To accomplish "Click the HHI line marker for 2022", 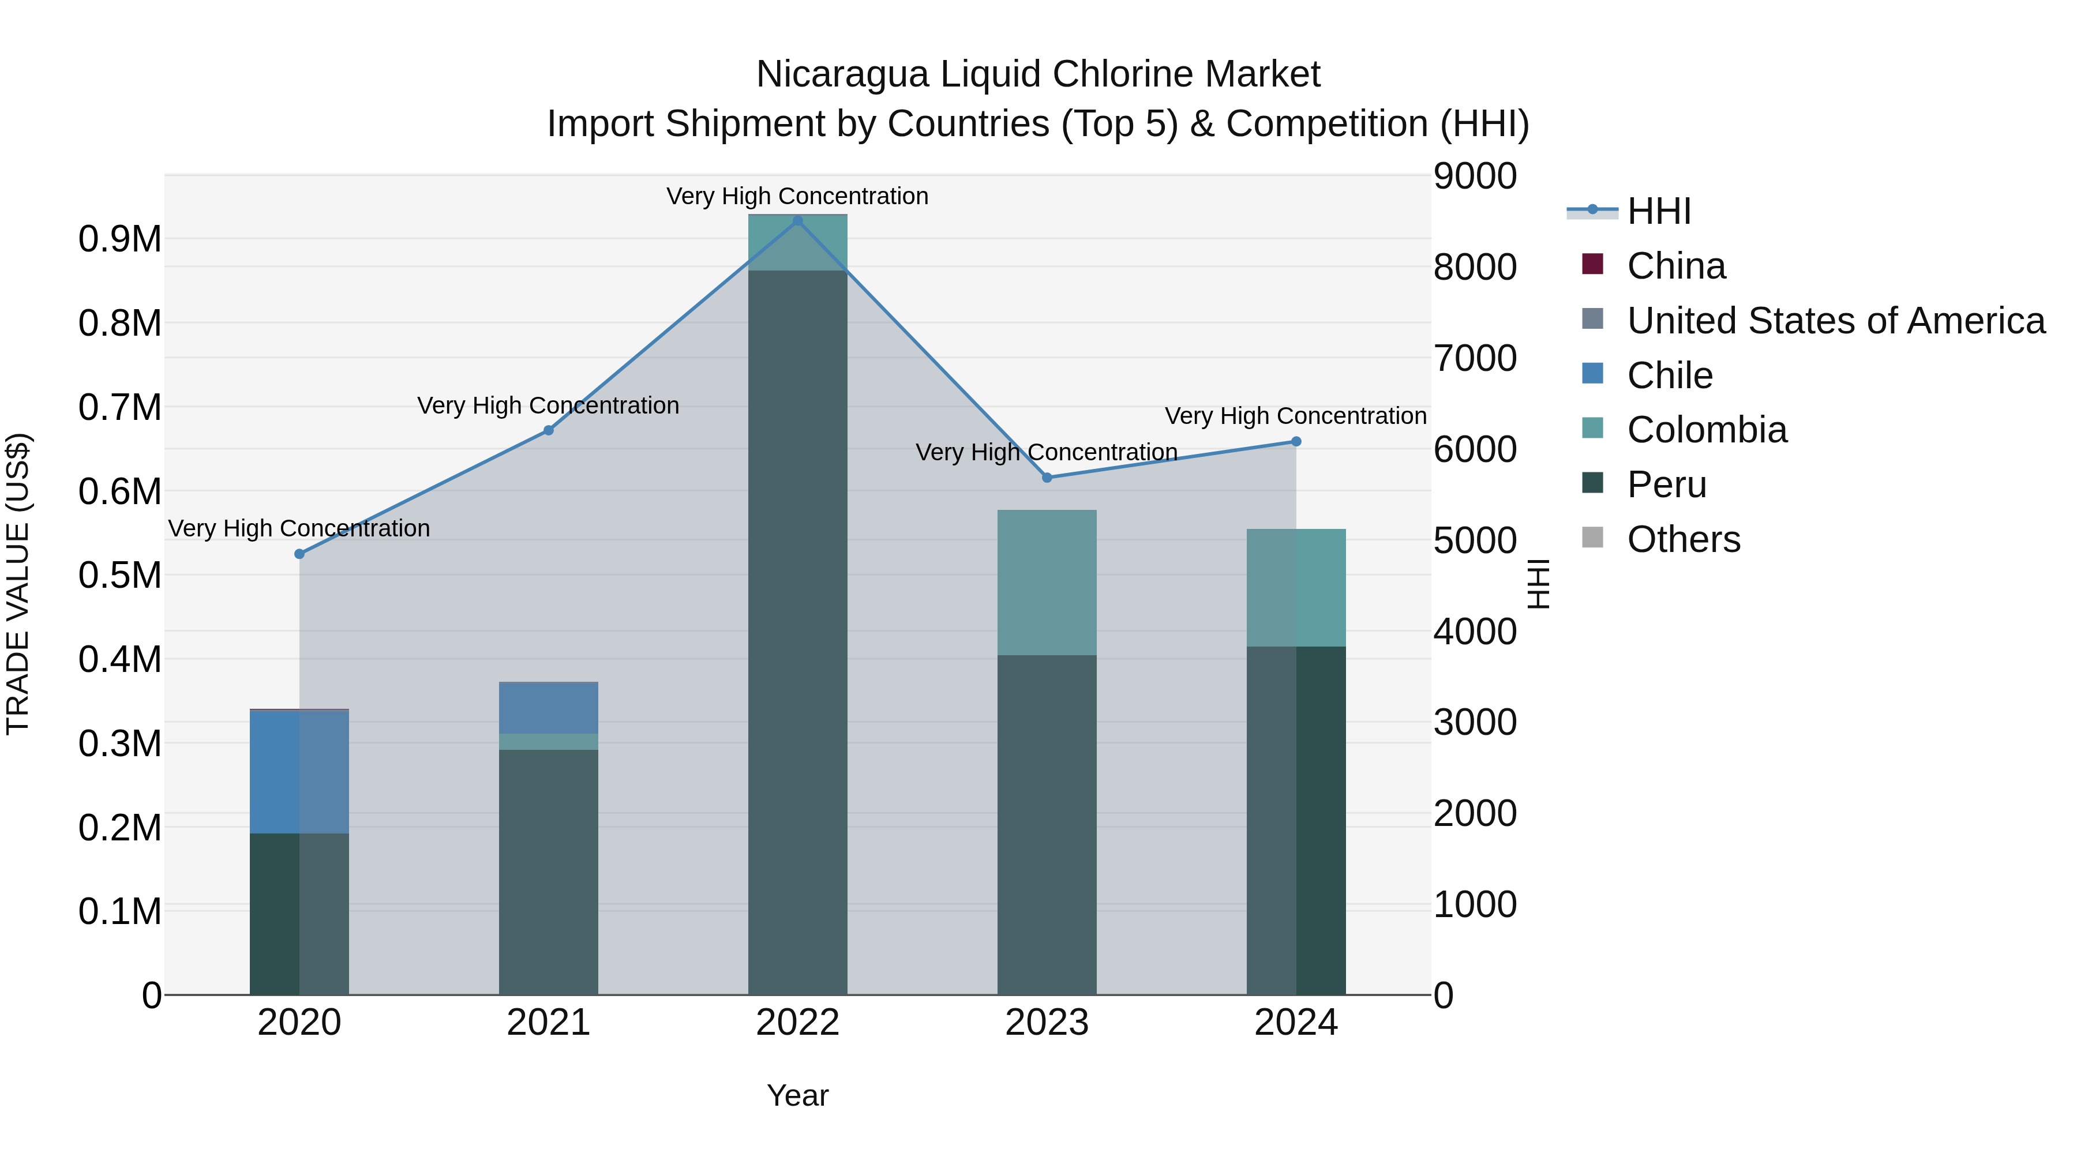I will click(797, 221).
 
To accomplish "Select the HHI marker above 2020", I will click(299, 554).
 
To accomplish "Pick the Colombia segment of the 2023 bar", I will click(1047, 582).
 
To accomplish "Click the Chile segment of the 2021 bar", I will click(548, 708).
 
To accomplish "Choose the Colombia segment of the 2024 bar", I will click(1296, 588).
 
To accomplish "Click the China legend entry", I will click(1675, 266).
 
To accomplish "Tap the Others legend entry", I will click(1683, 539).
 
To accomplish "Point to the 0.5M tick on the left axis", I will click(120, 576).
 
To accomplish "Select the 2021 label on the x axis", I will click(548, 1023).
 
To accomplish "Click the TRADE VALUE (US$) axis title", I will click(18, 584).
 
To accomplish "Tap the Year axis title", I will click(797, 1095).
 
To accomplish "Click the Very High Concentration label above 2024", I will click(1296, 416).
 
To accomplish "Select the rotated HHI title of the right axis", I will click(1538, 584).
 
